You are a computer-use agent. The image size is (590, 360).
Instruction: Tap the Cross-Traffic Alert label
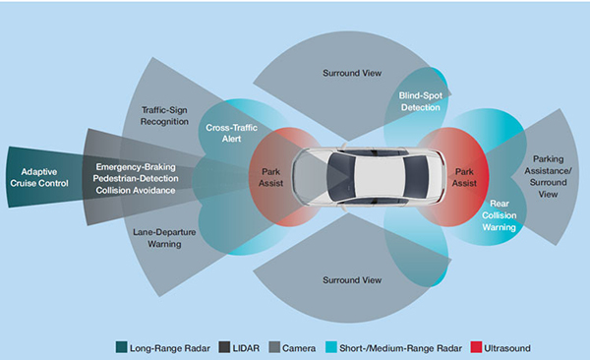pyautogui.click(x=229, y=134)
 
